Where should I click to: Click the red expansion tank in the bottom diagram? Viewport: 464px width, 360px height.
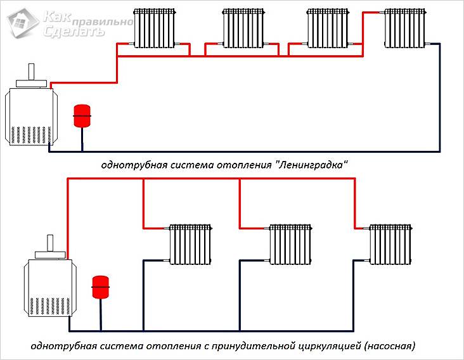(100, 286)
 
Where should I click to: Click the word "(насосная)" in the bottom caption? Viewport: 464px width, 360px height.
(389, 347)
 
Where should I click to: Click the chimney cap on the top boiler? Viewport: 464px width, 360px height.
(31, 81)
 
